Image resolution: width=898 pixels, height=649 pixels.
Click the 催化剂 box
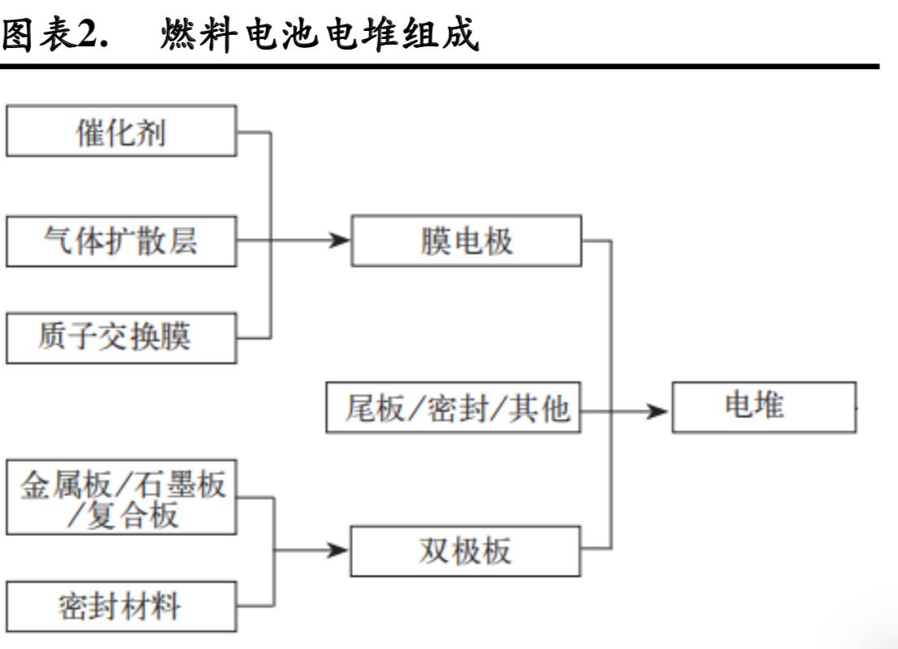coord(121,131)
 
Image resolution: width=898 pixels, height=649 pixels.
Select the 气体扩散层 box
coord(121,241)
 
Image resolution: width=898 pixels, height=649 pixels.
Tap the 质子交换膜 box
coord(121,338)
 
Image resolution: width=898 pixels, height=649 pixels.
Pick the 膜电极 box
coord(466,241)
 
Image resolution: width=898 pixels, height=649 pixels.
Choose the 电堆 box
coord(763,406)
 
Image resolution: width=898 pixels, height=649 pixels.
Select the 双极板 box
coord(466,551)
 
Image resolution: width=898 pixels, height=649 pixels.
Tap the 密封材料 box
coord(121,606)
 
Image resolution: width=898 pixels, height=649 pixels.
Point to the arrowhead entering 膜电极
coord(340,241)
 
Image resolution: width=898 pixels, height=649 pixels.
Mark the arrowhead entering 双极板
coord(340,551)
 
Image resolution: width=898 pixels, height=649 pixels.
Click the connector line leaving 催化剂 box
coord(254,131)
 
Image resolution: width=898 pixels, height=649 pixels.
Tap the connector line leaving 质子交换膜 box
coord(254,338)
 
